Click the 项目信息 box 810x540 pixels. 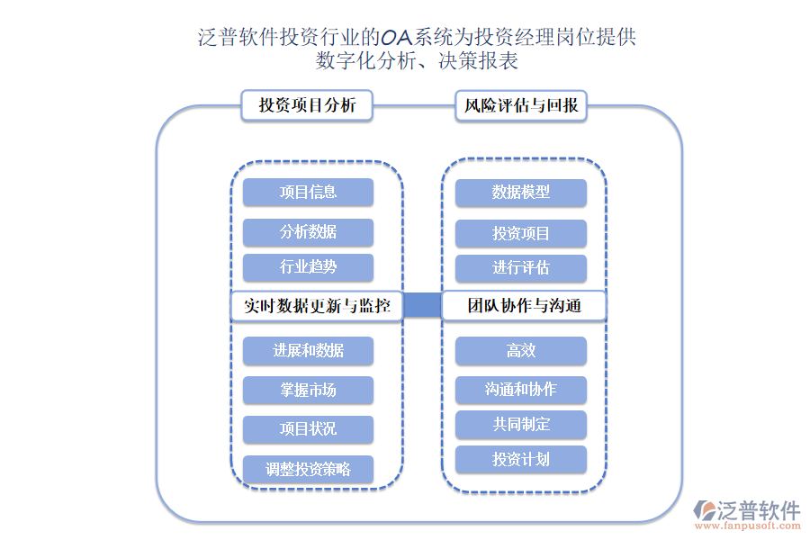coord(308,192)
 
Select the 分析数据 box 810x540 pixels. coord(308,232)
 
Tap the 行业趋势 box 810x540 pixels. coord(308,267)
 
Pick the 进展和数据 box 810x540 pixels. coord(308,350)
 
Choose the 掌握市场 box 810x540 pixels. coord(308,390)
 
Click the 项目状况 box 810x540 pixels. coord(308,428)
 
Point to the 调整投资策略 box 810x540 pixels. coord(308,469)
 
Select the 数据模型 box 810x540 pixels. coord(520,192)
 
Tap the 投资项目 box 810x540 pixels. coord(520,233)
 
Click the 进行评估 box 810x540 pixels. coord(520,267)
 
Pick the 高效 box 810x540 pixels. coord(520,350)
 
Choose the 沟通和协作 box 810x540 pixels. coord(520,389)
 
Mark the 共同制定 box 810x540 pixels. coord(520,424)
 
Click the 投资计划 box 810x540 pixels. coord(520,459)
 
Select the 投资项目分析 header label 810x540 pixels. coord(307,105)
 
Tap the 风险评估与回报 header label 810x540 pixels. coord(521,105)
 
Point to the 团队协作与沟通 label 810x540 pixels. coord(524,306)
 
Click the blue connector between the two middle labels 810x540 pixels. coord(421,306)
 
